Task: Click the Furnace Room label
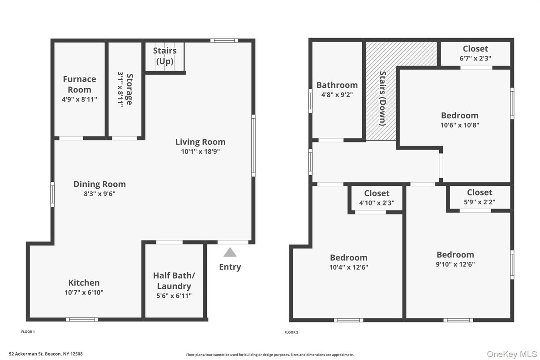(x=79, y=84)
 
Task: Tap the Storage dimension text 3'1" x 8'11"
(x=120, y=89)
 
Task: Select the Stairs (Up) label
(x=165, y=56)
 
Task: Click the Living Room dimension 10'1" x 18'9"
(x=200, y=151)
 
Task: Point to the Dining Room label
(x=99, y=184)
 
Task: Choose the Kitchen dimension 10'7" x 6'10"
(x=84, y=292)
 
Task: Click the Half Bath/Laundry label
(x=174, y=281)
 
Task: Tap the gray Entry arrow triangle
(x=230, y=253)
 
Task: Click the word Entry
(x=230, y=267)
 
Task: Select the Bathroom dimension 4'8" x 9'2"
(x=337, y=94)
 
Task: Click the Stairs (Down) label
(x=382, y=98)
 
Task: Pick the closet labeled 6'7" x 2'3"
(x=475, y=53)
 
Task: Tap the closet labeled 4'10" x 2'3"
(x=377, y=198)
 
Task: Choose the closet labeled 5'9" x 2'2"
(x=479, y=197)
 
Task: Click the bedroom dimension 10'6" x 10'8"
(x=459, y=125)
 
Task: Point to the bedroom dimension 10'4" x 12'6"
(x=348, y=267)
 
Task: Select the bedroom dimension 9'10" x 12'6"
(x=455, y=264)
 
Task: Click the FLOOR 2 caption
(x=291, y=332)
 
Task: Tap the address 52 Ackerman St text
(x=46, y=354)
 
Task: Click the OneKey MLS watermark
(x=512, y=354)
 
